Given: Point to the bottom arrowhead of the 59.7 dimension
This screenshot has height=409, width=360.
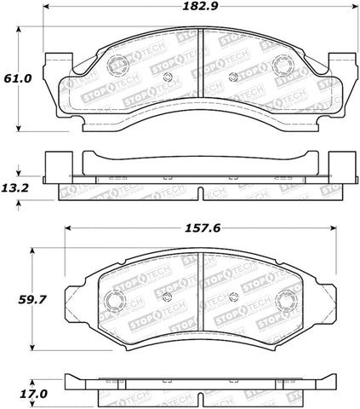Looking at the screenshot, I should coord(33,348).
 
